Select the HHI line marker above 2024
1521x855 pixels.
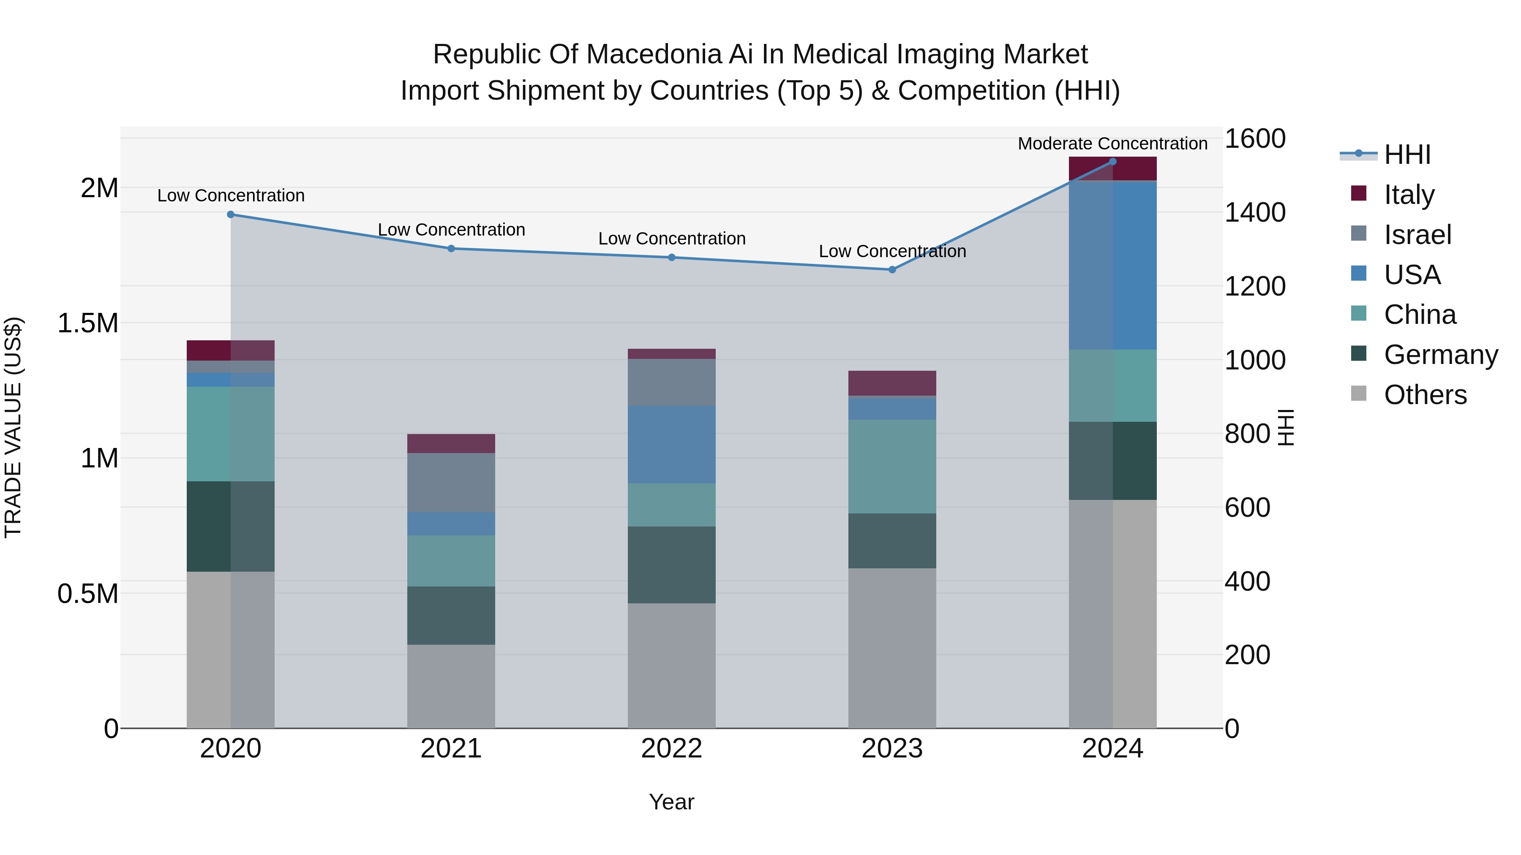tap(1112, 162)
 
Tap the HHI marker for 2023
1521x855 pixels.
tap(892, 270)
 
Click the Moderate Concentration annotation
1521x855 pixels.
tap(1112, 144)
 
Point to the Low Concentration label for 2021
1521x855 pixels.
tap(451, 230)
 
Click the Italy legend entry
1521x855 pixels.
tap(1409, 194)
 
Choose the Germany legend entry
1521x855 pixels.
tap(1441, 355)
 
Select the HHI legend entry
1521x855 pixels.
tap(1407, 155)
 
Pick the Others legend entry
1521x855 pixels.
tap(1425, 395)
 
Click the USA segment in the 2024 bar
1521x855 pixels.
tap(1112, 266)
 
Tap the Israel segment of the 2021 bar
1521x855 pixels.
tap(451, 483)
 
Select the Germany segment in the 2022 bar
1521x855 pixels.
tap(671, 565)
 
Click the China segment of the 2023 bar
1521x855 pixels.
tap(892, 466)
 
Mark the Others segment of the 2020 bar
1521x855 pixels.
tap(231, 649)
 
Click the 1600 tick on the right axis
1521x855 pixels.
tap(1255, 139)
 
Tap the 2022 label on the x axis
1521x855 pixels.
tap(671, 749)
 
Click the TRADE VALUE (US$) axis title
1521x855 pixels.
tap(13, 427)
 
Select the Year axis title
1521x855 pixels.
tap(671, 802)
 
